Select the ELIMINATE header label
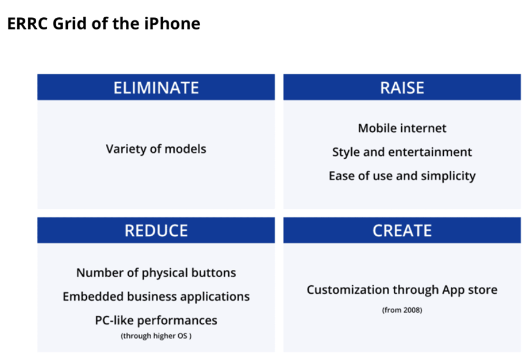pyautogui.click(x=156, y=88)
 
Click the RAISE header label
pyautogui.click(x=402, y=88)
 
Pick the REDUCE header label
pyautogui.click(x=156, y=231)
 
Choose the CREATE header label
pyautogui.click(x=402, y=231)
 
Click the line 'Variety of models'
pyautogui.click(x=156, y=149)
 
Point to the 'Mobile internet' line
pyautogui.click(x=402, y=128)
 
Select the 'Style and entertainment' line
pyautogui.click(x=402, y=152)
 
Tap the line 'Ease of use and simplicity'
pyautogui.click(x=402, y=176)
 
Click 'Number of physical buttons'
pyautogui.click(x=156, y=273)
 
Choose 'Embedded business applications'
pyautogui.click(x=156, y=297)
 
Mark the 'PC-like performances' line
pyautogui.click(x=156, y=320)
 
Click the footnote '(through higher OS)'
pyautogui.click(x=156, y=336)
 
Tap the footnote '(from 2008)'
pyautogui.click(x=402, y=310)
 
